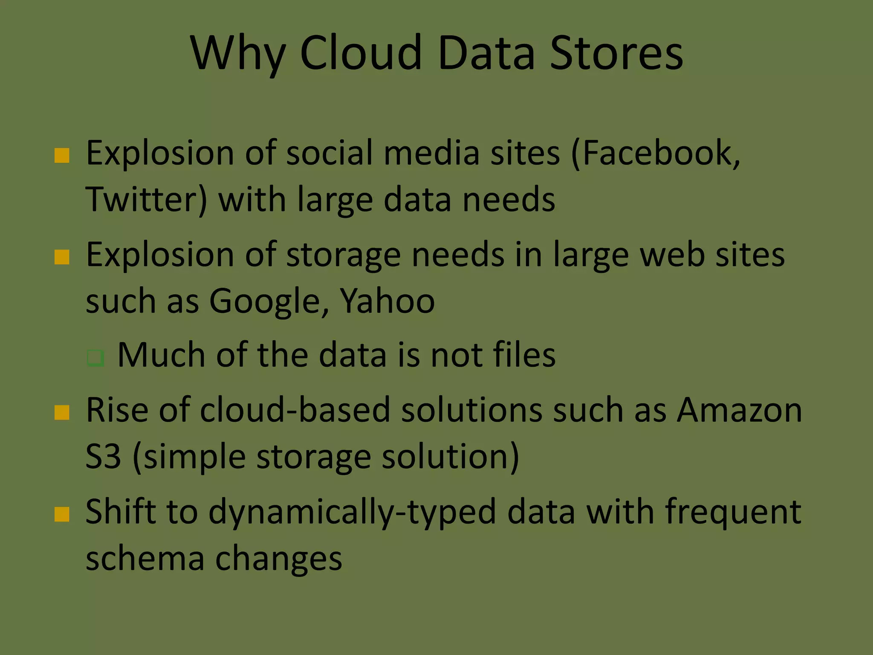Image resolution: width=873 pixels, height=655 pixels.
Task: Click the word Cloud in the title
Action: pyautogui.click(x=361, y=53)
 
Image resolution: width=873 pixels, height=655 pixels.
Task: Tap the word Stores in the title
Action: pyautogui.click(x=616, y=53)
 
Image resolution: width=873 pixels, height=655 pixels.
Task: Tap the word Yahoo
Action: pyautogui.click(x=387, y=301)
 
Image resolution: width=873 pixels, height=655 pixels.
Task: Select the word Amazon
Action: pyautogui.click(x=739, y=410)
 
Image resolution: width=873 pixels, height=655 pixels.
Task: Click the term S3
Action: pyautogui.click(x=103, y=457)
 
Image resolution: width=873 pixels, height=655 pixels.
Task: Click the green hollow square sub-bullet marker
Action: pyautogui.click(x=95, y=357)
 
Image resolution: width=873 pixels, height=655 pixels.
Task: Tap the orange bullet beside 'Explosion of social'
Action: pyautogui.click(x=62, y=156)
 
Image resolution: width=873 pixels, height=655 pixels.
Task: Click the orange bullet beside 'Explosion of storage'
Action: pyautogui.click(x=62, y=258)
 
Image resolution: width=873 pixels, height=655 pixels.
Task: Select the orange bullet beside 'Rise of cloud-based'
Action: pyautogui.click(x=62, y=413)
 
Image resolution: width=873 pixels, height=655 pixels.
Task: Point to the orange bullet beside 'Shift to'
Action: pyautogui.click(x=62, y=515)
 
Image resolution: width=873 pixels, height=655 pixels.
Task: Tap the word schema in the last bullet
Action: pyautogui.click(x=145, y=559)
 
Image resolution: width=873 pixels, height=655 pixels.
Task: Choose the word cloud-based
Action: pyautogui.click(x=295, y=410)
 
